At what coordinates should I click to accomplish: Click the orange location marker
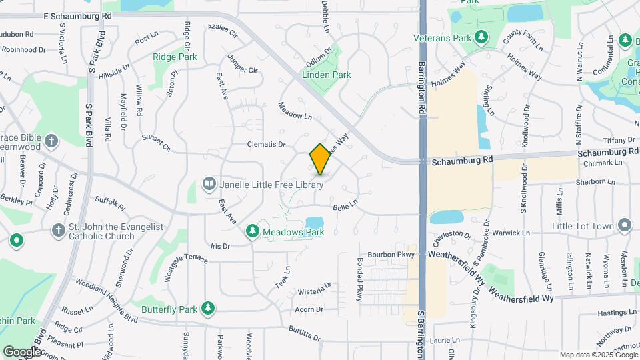(x=320, y=159)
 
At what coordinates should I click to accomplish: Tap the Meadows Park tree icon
(x=252, y=231)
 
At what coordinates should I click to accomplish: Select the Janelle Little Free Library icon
(x=209, y=183)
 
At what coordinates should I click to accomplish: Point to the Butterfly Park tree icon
(x=208, y=309)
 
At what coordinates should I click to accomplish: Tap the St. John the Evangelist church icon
(x=57, y=230)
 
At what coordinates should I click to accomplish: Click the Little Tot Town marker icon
(x=624, y=225)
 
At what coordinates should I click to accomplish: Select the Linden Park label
(x=327, y=75)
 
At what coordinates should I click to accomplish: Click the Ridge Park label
(x=175, y=57)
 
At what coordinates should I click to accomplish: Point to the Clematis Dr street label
(x=266, y=144)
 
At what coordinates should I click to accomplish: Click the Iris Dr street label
(x=219, y=246)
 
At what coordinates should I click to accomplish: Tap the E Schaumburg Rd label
(x=77, y=15)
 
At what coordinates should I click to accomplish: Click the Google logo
(x=21, y=351)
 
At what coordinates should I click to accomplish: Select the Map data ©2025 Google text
(x=598, y=355)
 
